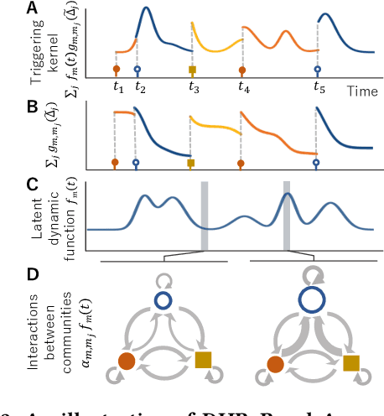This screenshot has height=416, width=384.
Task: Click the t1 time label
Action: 118,87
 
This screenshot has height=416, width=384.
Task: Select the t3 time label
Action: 194,87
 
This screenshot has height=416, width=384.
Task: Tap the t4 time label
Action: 244,87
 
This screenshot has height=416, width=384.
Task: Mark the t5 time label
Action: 319,87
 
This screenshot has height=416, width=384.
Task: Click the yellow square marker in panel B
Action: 191,163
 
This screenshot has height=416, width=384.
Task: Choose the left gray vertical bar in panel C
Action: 204,215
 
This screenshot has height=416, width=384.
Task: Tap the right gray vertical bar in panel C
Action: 287,215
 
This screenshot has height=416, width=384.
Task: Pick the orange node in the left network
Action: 126,361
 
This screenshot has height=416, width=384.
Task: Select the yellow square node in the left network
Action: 202,361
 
